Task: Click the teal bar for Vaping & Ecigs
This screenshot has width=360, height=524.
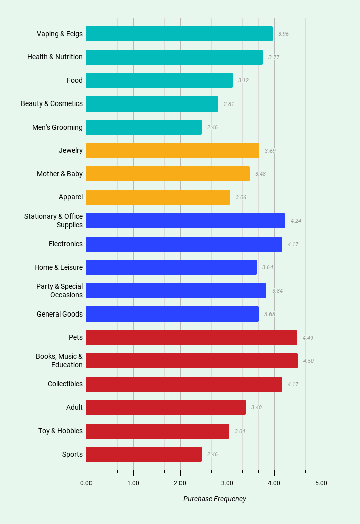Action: pos(179,34)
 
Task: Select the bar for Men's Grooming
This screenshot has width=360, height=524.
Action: pos(144,127)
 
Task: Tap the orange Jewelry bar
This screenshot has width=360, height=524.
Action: pos(172,151)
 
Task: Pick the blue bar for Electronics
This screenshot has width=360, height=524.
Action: pos(184,244)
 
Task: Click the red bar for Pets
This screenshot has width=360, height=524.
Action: pos(192,338)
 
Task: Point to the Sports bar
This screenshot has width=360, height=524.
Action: pos(144,454)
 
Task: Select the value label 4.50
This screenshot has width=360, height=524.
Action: pos(308,361)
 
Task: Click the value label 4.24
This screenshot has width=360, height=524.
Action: pos(296,221)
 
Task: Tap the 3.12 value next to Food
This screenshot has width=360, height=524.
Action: pos(243,80)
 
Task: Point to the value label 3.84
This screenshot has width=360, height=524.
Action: pos(277,291)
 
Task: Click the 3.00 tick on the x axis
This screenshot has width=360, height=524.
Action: pos(227,483)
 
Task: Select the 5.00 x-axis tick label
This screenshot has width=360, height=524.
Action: pos(321,483)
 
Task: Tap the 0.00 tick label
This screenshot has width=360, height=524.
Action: pos(86,483)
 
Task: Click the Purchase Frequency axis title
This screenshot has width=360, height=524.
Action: pos(215,499)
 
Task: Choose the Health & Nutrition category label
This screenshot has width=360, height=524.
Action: pos(55,57)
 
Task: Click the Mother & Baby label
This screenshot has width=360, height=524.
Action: pos(60,174)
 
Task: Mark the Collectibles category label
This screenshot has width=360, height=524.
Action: pos(65,384)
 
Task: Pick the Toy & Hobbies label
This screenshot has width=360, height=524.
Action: pos(60,431)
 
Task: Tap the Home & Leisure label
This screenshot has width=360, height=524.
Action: pos(58,267)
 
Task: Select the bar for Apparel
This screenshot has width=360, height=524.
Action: pos(158,197)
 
